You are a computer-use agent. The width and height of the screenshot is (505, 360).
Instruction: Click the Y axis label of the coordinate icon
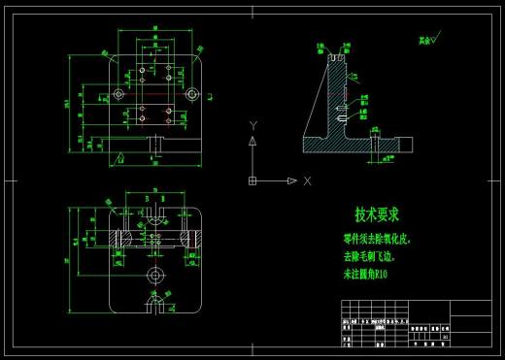point(252,125)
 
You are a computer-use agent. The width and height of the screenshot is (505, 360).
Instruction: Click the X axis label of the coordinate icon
point(306,180)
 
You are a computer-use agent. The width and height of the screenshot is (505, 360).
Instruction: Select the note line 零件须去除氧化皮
point(377,238)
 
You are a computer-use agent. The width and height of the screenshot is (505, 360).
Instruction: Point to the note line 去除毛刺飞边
point(370,256)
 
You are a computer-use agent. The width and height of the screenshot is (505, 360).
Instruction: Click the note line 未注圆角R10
point(365,275)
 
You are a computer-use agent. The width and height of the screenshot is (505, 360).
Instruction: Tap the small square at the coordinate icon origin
point(252,180)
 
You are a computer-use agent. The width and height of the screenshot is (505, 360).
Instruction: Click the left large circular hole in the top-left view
point(118,94)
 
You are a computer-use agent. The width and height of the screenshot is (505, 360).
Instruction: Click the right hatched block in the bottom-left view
point(190,237)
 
